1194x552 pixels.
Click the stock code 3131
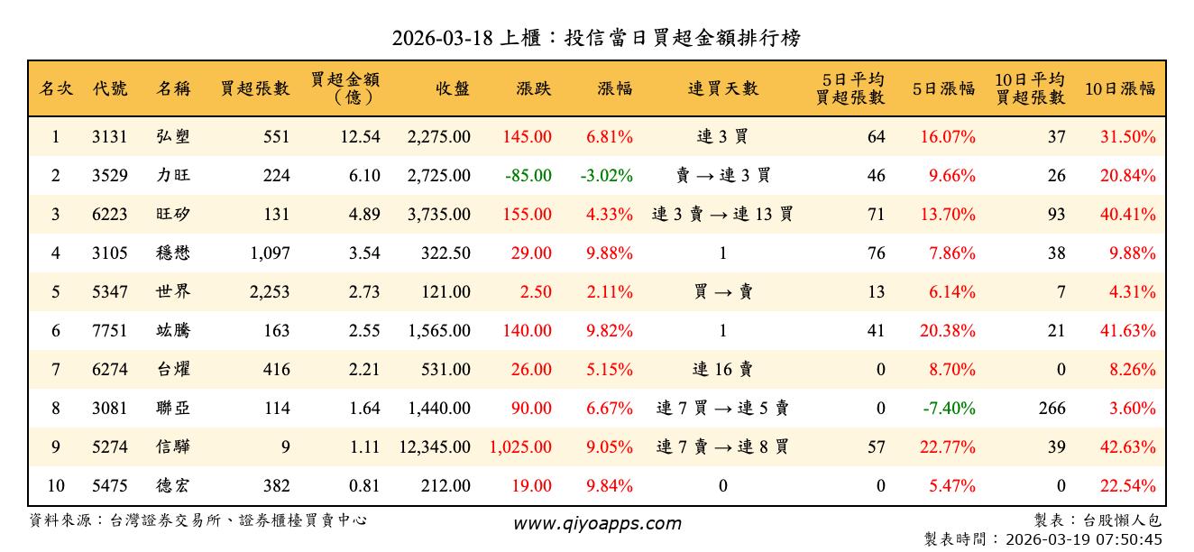click(x=109, y=137)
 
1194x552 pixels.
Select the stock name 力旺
click(x=172, y=176)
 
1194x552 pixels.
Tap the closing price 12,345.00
click(x=434, y=447)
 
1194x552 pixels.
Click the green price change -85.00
click(x=528, y=176)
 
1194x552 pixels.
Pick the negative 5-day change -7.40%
click(x=949, y=409)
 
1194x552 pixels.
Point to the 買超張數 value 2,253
click(x=267, y=292)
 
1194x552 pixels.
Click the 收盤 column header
click(x=452, y=88)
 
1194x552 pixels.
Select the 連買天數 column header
click(x=722, y=88)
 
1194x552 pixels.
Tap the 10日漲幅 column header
click(x=1119, y=88)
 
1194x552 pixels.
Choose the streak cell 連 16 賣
click(x=722, y=370)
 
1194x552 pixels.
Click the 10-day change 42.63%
click(x=1127, y=447)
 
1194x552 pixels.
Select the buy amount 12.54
click(x=364, y=137)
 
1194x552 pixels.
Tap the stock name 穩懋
click(x=172, y=253)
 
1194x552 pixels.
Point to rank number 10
click(x=56, y=486)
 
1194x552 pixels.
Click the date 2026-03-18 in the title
click(x=443, y=38)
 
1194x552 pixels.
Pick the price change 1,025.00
click(x=520, y=447)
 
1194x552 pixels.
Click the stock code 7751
click(x=109, y=331)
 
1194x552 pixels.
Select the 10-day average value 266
click(x=1052, y=409)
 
